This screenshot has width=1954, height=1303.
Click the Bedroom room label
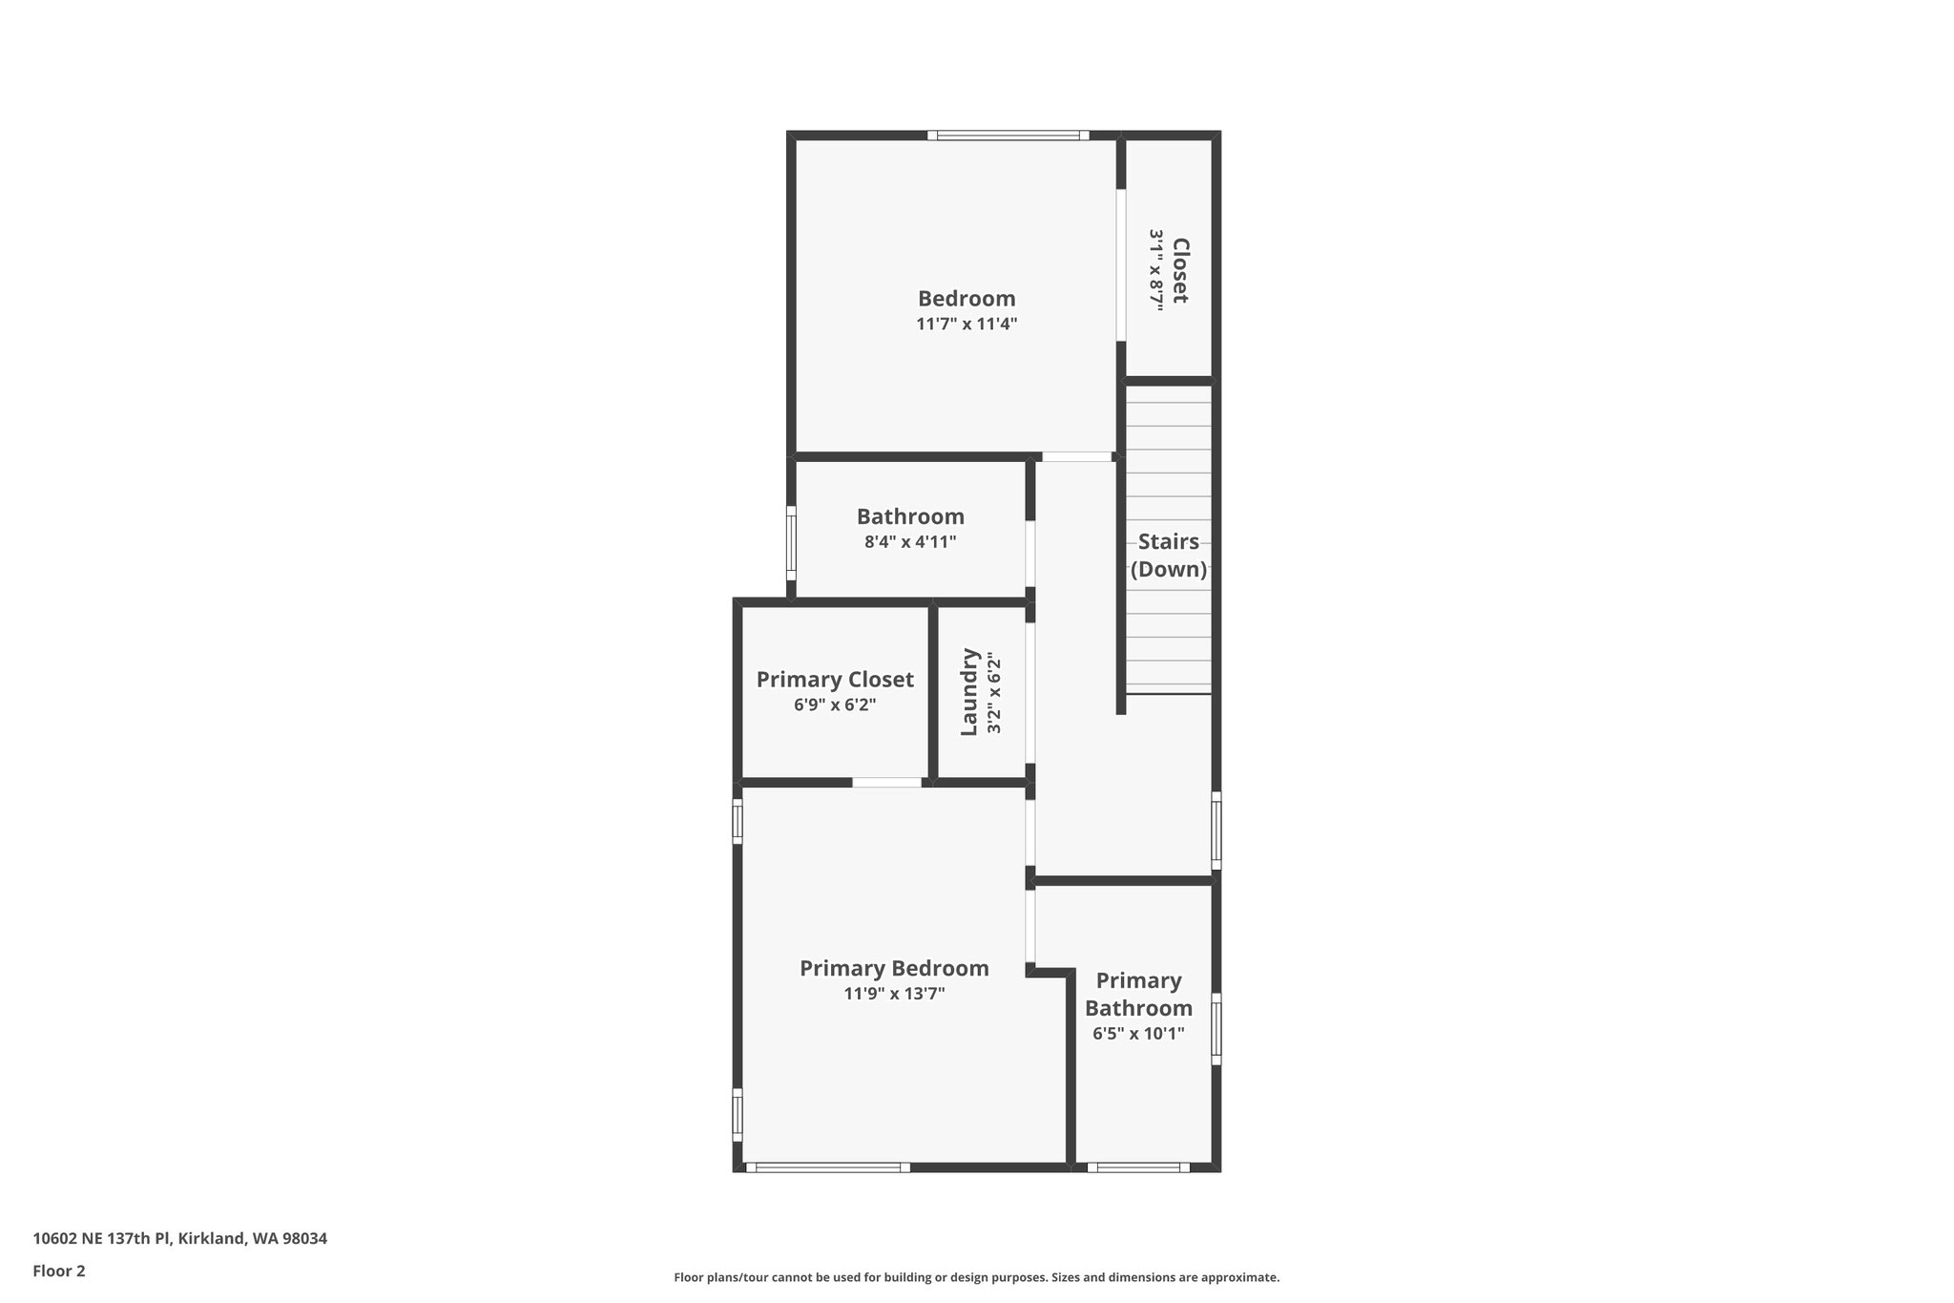[967, 299]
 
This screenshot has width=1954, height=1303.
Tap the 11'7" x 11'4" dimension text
[967, 325]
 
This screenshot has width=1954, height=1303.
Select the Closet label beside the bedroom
[1180, 270]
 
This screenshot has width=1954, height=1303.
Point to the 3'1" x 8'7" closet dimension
[1156, 270]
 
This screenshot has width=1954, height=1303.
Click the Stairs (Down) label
[1169, 556]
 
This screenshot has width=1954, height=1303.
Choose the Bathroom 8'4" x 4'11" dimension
[910, 542]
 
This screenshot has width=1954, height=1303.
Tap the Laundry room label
[969, 692]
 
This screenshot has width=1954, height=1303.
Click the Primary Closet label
[835, 680]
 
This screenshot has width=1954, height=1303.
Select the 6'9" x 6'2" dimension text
[835, 705]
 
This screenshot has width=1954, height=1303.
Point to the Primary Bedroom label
[894, 969]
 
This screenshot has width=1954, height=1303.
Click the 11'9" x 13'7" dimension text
[894, 994]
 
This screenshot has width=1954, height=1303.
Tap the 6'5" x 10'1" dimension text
[1138, 1033]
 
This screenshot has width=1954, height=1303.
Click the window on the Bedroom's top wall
[1008, 136]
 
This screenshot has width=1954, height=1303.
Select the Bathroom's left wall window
[791, 542]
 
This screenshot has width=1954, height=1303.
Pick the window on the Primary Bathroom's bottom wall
[1138, 1166]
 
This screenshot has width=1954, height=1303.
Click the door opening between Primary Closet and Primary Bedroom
[886, 783]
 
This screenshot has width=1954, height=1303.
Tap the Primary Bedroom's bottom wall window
[827, 1166]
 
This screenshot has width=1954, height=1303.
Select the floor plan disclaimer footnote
[976, 1277]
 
